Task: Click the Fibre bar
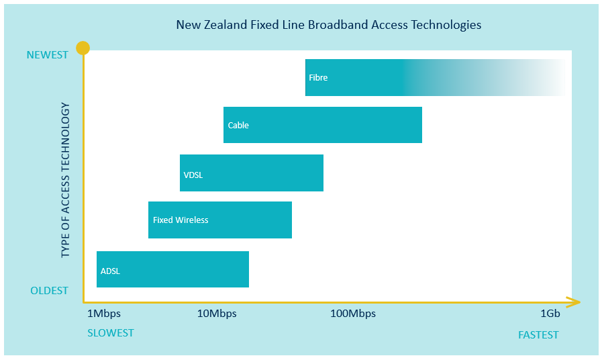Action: point(435,77)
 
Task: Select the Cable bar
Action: point(323,125)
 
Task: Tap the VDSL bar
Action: point(252,173)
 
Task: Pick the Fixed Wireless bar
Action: point(220,220)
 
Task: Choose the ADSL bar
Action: point(172,269)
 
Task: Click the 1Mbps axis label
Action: point(103,314)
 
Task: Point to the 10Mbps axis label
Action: point(217,314)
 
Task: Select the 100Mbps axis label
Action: point(353,314)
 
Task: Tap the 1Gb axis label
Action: point(550,314)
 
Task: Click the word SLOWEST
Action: point(111,332)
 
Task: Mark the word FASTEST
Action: point(538,335)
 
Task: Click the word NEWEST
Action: point(47,55)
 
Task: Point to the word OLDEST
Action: point(49,291)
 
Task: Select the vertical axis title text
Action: point(65,180)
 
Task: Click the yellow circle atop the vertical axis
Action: point(83,48)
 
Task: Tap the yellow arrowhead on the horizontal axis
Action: point(573,302)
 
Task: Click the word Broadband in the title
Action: point(338,25)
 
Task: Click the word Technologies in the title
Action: point(446,26)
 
